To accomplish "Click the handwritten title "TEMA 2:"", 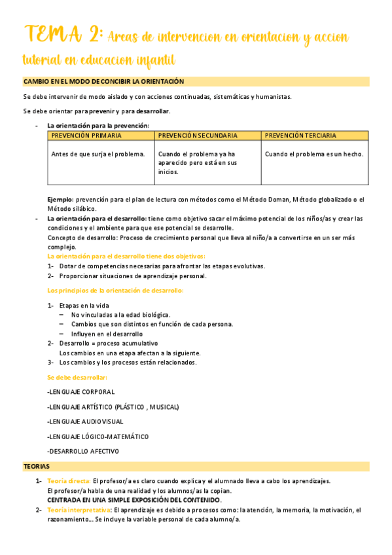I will point(63,34).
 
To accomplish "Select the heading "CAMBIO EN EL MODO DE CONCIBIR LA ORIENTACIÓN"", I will point(103,82).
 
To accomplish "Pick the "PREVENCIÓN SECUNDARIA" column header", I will point(198,135).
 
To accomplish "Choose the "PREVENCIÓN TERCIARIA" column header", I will point(302,135).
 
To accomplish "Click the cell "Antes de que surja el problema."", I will point(98,154).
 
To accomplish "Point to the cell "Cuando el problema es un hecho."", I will point(314,154).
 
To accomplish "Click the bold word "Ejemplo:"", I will point(61,199).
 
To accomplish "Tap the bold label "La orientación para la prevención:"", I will point(98,125).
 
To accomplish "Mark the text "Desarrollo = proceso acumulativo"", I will point(108,343).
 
